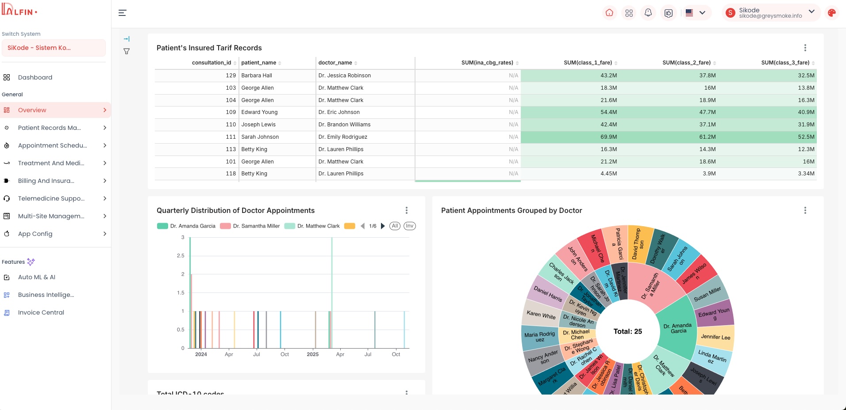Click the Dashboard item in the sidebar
click(35, 77)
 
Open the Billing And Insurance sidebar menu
click(46, 181)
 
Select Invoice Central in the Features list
click(41, 312)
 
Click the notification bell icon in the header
click(648, 13)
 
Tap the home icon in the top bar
click(609, 13)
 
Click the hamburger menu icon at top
click(123, 13)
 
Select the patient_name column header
click(259, 63)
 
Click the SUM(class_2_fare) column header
click(686, 63)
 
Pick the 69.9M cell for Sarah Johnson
click(608, 137)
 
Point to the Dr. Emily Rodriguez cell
click(343, 137)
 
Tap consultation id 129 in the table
click(231, 76)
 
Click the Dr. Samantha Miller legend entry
click(256, 226)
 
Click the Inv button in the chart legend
click(410, 226)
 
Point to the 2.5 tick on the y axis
click(181, 256)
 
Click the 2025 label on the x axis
click(313, 354)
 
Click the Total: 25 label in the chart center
click(627, 331)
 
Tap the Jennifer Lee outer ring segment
click(715, 337)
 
